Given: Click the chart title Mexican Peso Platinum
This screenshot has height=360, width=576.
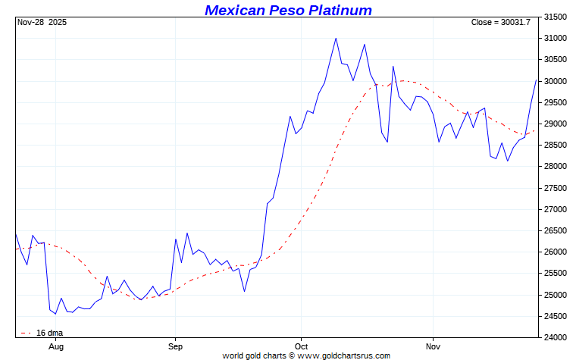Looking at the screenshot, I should click(288, 10).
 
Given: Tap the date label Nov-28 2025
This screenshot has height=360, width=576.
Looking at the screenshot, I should click(42, 23).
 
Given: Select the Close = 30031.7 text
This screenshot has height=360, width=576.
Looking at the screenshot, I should click(500, 23).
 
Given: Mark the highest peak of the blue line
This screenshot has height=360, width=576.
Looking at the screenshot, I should click(336, 38).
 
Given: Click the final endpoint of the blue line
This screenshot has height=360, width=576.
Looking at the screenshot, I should click(537, 80).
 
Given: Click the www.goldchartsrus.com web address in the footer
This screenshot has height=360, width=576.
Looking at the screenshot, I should click(344, 355).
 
